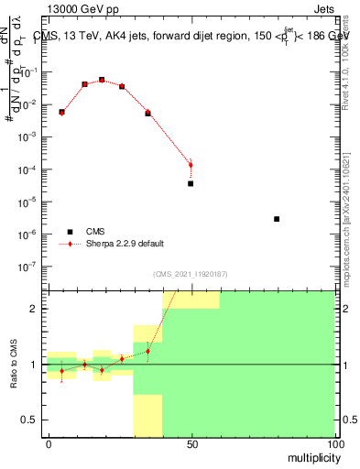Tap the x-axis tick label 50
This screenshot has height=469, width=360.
tap(191, 443)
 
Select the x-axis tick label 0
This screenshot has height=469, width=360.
tap(49, 443)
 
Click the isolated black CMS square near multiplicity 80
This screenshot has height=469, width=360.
tap(277, 219)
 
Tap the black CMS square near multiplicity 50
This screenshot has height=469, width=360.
tap(191, 183)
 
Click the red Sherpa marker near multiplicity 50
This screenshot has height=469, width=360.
tap(191, 165)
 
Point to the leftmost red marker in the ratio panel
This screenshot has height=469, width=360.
tap(61, 371)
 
